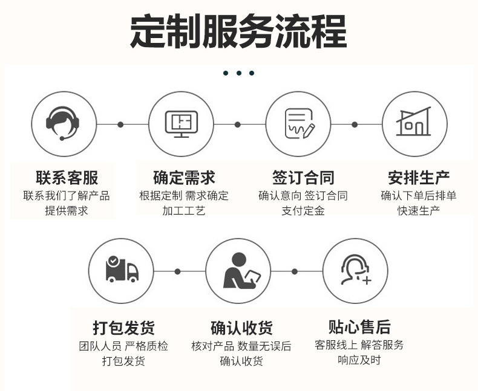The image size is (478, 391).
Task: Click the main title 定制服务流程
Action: [x=238, y=31]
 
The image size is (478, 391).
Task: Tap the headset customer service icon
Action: [x=64, y=123]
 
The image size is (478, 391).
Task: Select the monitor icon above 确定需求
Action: [x=182, y=124]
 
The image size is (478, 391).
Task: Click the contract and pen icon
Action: [x=299, y=124]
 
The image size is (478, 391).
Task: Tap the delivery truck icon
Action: [x=121, y=270]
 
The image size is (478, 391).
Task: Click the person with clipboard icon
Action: [x=238, y=270]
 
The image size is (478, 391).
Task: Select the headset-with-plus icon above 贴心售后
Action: [x=355, y=270]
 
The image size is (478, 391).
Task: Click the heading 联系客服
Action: [x=67, y=178]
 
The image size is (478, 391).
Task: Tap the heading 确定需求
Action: [x=184, y=178]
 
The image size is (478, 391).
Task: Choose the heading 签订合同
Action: [x=303, y=178]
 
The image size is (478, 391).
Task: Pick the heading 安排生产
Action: [x=419, y=178]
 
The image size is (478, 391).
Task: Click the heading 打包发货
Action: [x=123, y=328]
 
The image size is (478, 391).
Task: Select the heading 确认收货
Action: [x=241, y=328]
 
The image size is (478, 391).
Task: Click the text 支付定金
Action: [x=303, y=211]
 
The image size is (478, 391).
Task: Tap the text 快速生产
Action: [x=419, y=211]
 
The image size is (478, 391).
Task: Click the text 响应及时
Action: [x=359, y=360]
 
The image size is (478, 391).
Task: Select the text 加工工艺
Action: [x=184, y=211]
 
